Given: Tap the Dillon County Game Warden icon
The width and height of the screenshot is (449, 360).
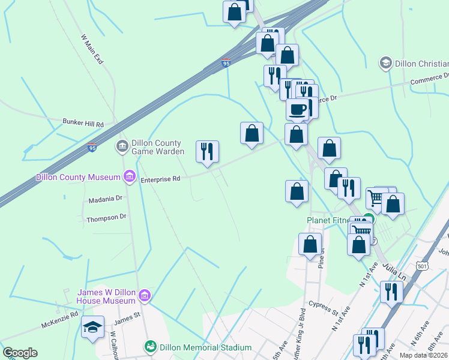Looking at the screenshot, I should coord(122,146).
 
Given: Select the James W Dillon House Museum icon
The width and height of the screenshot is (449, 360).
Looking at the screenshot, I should coord(144,295).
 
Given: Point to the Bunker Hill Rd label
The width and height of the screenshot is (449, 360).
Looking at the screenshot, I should coord(83,122).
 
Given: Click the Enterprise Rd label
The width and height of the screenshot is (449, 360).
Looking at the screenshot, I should coord(160,179).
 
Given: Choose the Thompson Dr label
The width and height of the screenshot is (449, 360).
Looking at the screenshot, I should coord(106,218).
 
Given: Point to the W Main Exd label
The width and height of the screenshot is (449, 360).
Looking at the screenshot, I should coord(92,49).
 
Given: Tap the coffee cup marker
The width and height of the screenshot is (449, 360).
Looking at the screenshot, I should coord(297,109).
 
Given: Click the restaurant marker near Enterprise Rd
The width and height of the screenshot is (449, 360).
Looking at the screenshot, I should coord(208,151).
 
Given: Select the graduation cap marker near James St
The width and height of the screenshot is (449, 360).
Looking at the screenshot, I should coord(92,327).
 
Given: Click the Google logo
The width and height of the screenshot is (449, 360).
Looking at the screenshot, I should coord(20,353).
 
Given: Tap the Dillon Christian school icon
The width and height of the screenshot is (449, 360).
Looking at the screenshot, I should coord(385,62).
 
